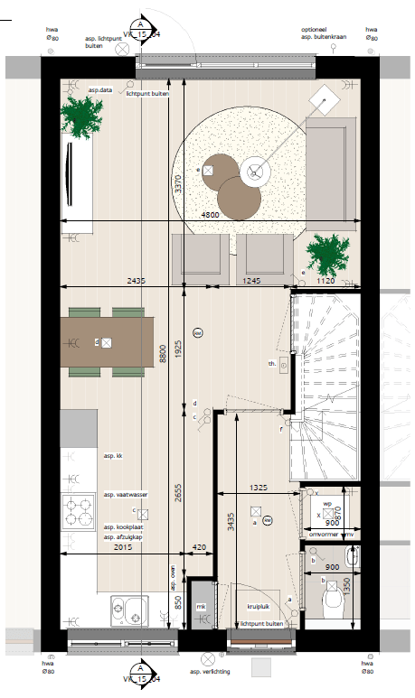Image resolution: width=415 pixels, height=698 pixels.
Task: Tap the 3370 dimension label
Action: click(x=179, y=185)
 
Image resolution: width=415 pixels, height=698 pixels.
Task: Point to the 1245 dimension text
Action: click(x=252, y=281)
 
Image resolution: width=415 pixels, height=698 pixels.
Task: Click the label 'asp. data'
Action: click(x=99, y=90)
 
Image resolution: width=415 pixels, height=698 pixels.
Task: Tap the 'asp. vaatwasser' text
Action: click(x=126, y=495)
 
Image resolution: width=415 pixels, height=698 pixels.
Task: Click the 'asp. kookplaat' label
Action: click(x=123, y=526)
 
